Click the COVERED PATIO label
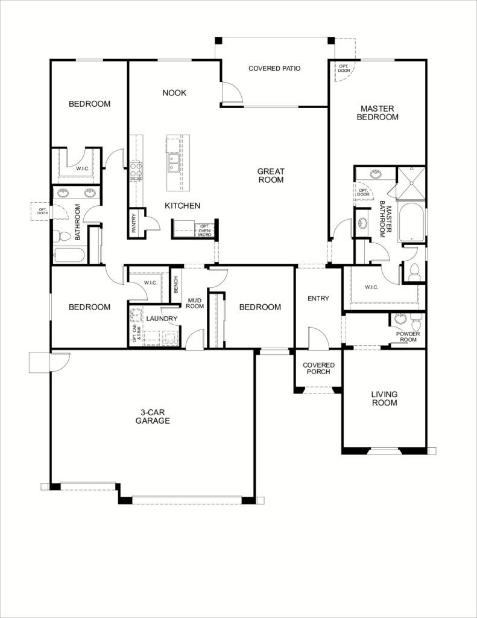click(x=274, y=68)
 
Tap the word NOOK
click(x=174, y=93)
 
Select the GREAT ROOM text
click(x=271, y=175)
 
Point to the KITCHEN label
click(x=182, y=206)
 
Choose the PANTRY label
click(x=134, y=223)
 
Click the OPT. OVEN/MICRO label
click(x=204, y=230)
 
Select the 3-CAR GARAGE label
click(x=152, y=416)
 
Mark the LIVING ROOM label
click(x=384, y=398)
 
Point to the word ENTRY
click(x=318, y=299)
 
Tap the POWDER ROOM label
click(x=408, y=336)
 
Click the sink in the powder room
click(x=400, y=319)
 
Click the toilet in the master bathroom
click(x=414, y=272)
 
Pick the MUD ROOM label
click(x=195, y=302)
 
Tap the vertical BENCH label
click(x=175, y=285)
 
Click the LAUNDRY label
click(x=161, y=319)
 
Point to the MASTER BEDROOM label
click(x=377, y=113)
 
